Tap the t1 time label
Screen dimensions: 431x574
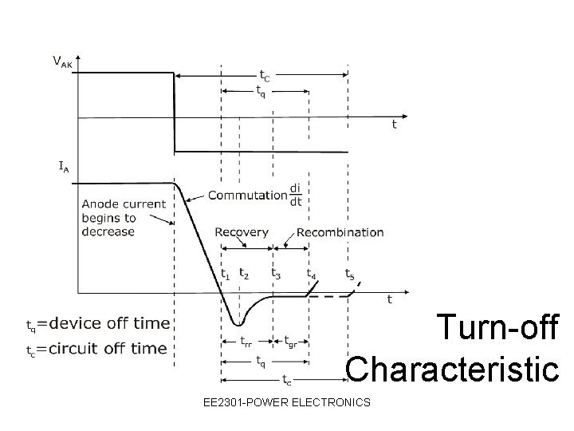[x=226, y=274]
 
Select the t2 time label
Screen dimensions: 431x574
[x=243, y=273]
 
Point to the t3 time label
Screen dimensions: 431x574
[x=275, y=273]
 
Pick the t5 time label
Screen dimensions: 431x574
[x=349, y=273]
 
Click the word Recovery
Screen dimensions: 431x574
[x=242, y=232]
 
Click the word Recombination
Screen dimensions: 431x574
[x=340, y=232]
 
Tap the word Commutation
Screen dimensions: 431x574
[x=248, y=195]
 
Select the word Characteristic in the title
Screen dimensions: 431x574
[x=453, y=369]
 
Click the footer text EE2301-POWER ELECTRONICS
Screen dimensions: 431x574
[x=287, y=401]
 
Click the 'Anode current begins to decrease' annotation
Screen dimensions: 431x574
[x=123, y=217]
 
